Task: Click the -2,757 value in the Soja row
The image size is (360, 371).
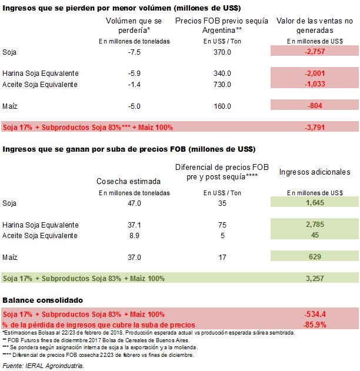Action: [315, 52]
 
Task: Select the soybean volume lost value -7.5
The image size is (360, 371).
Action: [135, 52]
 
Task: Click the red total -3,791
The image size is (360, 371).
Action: [315, 126]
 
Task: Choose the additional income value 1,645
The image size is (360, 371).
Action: [315, 203]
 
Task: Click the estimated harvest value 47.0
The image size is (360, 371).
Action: [135, 203]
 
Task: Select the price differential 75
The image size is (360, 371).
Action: [222, 225]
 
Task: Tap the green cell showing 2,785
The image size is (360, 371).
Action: [315, 225]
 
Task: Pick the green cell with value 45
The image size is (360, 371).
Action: [315, 236]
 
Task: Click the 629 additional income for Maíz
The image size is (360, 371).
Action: [315, 257]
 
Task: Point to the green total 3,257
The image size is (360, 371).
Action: [315, 278]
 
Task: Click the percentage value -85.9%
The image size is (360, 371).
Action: [315, 324]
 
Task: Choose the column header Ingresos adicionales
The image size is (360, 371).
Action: [315, 172]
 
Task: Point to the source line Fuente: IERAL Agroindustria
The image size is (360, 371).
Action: [42, 366]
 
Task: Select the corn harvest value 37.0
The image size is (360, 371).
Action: [135, 257]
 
